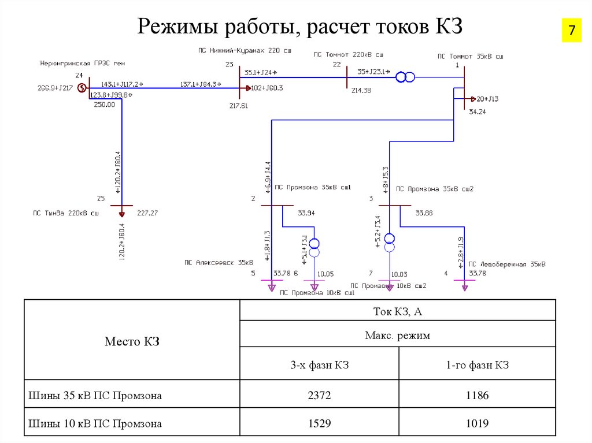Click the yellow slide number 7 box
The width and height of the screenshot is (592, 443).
572,31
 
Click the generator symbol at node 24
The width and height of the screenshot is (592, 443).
82,88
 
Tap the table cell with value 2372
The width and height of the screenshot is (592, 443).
319,396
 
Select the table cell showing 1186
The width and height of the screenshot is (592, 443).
477,396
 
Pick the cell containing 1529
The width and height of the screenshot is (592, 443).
319,423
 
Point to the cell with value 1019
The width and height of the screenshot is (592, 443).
477,423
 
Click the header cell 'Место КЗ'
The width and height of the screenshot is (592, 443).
132,341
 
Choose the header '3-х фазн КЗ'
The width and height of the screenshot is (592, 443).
319,365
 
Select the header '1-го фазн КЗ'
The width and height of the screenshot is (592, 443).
477,365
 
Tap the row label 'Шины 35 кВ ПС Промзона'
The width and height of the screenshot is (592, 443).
95,396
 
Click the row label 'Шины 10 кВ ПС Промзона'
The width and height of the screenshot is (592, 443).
95,423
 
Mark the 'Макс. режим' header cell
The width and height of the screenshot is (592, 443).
398,335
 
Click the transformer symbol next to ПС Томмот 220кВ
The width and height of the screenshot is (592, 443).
405,77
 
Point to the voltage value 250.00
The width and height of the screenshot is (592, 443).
104,105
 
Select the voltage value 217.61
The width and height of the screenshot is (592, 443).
238,106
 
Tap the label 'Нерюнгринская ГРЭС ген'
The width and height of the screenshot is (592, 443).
82,62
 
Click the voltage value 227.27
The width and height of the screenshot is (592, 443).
147,213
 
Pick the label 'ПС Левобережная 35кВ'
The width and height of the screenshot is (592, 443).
507,264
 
